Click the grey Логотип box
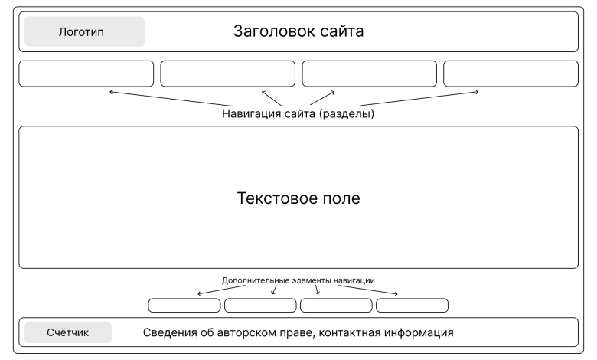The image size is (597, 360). click(x=84, y=32)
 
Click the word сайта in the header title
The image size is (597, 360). click(x=337, y=31)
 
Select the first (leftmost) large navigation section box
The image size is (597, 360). click(x=86, y=74)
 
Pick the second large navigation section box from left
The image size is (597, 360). click(x=227, y=74)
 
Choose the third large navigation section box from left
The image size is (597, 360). click(x=369, y=74)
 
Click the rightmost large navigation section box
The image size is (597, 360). click(x=511, y=74)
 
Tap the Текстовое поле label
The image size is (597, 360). click(x=298, y=198)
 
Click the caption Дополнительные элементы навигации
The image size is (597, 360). click(x=298, y=280)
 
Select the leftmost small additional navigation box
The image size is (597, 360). click(x=184, y=306)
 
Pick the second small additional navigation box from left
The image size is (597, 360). click(x=259, y=306)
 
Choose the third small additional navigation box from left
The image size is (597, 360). click(x=335, y=306)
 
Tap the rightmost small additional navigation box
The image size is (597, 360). click(x=411, y=306)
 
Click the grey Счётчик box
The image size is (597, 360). click(x=68, y=332)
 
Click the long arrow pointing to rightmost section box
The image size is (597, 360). click(x=419, y=99)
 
